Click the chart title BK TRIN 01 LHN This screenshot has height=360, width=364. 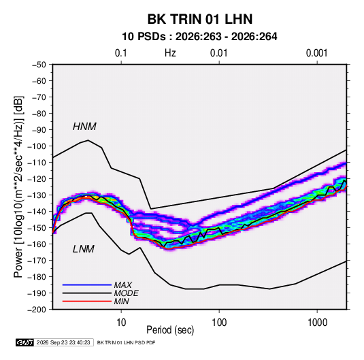pyautogui.click(x=200, y=19)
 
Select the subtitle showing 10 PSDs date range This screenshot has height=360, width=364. pyautogui.click(x=199, y=37)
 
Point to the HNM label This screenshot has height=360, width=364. pyautogui.click(x=84, y=127)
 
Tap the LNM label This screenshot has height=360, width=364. pyautogui.click(x=84, y=249)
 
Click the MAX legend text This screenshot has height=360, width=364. pyautogui.click(x=123, y=284)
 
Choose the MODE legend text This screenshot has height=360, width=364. pyautogui.click(x=127, y=293)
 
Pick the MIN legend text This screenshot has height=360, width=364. pyautogui.click(x=121, y=301)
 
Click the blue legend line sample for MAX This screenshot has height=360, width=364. pyautogui.click(x=87, y=284)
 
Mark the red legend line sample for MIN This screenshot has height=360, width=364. pyautogui.click(x=87, y=301)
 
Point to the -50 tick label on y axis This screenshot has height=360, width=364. pyautogui.click(x=39, y=65)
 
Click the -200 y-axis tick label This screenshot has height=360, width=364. pyautogui.click(x=37, y=310)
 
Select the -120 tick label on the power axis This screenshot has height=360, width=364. pyautogui.click(x=37, y=179)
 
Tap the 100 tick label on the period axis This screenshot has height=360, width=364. pyautogui.click(x=219, y=323)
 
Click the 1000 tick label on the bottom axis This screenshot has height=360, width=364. pyautogui.click(x=317, y=323)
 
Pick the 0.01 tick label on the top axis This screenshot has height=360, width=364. pyautogui.click(x=218, y=53)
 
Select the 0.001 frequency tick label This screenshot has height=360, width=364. pyautogui.click(x=316, y=53)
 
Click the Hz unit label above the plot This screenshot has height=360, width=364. pyautogui.click(x=170, y=53)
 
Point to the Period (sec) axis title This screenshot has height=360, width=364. pyautogui.click(x=170, y=330)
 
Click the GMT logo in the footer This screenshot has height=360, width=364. pyautogui.click(x=24, y=342)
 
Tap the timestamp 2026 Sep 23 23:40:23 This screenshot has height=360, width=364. pyautogui.click(x=63, y=342)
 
